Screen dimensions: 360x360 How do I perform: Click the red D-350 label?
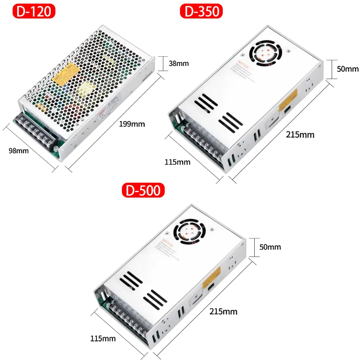click(202, 11)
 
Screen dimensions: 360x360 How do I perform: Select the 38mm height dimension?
click(179, 63)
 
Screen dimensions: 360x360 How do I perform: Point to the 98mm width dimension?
click(18, 151)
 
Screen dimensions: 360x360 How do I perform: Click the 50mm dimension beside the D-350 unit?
click(348, 69)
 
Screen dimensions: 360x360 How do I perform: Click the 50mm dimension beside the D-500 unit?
click(270, 247)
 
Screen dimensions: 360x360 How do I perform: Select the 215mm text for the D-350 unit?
click(301, 134)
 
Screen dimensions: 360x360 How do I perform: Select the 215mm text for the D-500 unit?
click(223, 311)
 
